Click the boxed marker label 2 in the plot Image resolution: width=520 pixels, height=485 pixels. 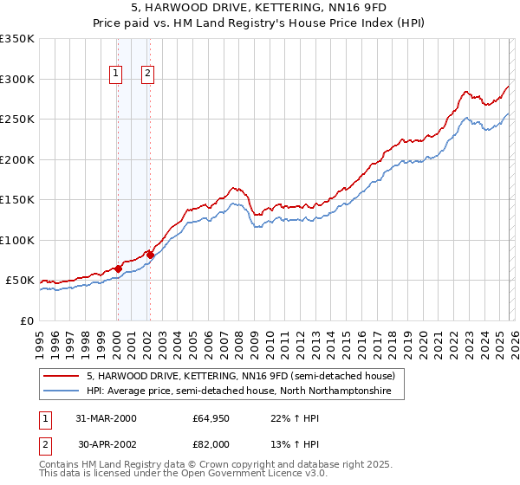(x=148, y=74)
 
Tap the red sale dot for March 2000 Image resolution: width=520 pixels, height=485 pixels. (x=118, y=268)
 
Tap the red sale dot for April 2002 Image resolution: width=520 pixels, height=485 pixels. (x=150, y=255)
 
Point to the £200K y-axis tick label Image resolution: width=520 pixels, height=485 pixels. (x=17, y=159)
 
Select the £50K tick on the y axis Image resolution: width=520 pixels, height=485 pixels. (x=21, y=281)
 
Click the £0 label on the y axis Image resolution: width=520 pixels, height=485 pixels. (x=28, y=320)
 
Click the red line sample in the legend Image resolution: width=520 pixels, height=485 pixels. (x=62, y=376)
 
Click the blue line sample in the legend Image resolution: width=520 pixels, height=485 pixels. (x=62, y=391)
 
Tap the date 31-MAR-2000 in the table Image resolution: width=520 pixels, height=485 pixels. (x=106, y=418)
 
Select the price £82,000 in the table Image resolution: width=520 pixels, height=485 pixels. (x=211, y=443)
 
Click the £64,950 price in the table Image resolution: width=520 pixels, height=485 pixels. (x=211, y=418)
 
